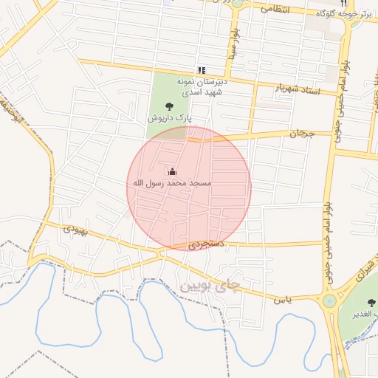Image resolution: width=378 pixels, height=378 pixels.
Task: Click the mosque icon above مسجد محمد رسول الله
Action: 173,171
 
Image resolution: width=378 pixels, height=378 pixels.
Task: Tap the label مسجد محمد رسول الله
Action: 172,182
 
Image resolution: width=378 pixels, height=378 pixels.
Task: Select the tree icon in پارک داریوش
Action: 170,106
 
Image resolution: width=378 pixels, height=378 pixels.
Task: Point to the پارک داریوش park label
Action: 169,117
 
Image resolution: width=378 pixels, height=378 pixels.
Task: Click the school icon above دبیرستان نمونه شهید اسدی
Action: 201,71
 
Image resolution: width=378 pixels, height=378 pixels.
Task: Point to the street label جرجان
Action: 301,134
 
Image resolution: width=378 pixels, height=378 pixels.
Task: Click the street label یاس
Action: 284,298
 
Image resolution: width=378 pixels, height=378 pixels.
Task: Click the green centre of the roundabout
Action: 329,301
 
